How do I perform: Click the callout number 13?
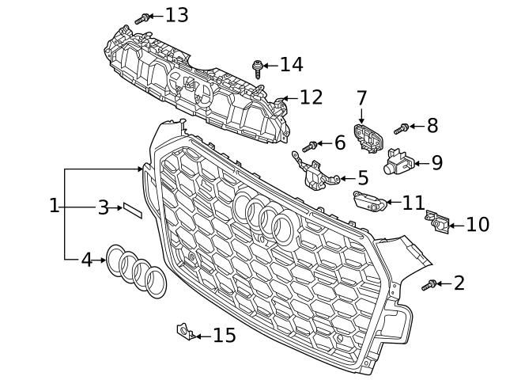(176, 14)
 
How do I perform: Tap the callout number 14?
(291, 65)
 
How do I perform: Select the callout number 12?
(311, 97)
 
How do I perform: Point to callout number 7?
(361, 99)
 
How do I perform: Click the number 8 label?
(432, 125)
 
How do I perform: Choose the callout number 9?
(436, 163)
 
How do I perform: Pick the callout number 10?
(478, 225)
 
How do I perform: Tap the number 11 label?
(413, 203)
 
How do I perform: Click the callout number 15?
(225, 336)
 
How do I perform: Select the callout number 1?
(54, 207)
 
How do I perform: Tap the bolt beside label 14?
(258, 66)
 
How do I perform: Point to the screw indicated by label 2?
(432, 284)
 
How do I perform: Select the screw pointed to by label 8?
(401, 127)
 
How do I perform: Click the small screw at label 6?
(312, 145)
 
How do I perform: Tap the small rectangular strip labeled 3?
(130, 210)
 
